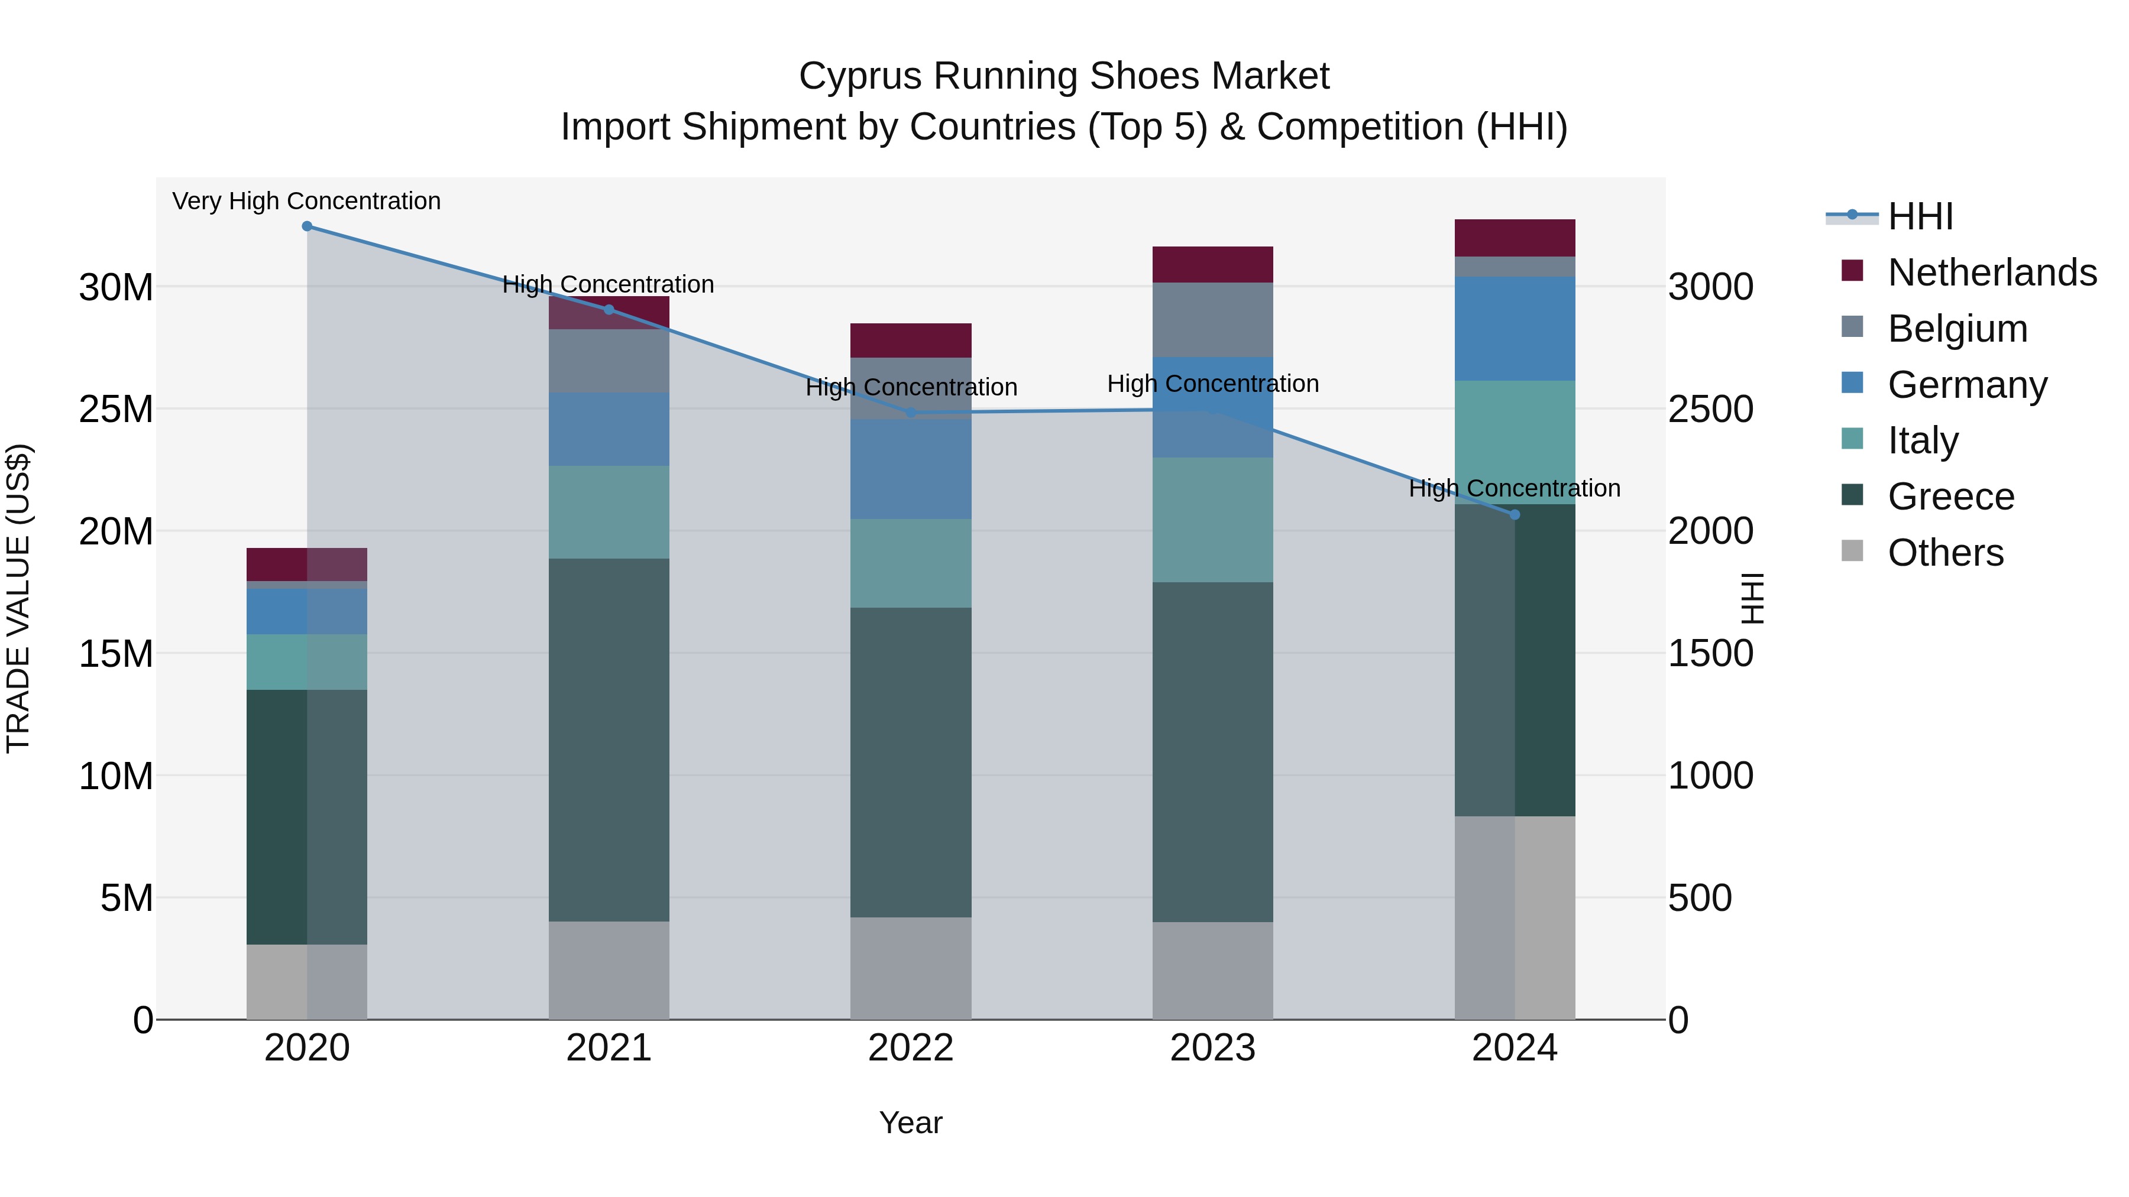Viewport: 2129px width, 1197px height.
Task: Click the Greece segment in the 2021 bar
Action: pyautogui.click(x=609, y=739)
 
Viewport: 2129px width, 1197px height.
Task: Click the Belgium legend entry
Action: pyautogui.click(x=1957, y=329)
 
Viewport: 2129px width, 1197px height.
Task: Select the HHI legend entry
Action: pyautogui.click(x=1920, y=216)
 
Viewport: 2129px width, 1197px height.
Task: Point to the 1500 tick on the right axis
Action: pyautogui.click(x=1710, y=653)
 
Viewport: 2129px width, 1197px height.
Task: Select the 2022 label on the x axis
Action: pyautogui.click(x=911, y=1048)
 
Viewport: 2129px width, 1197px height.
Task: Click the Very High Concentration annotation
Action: pyautogui.click(x=306, y=202)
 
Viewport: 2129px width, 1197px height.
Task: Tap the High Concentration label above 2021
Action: pyautogui.click(x=609, y=284)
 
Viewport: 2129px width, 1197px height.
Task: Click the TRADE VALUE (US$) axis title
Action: pyautogui.click(x=18, y=598)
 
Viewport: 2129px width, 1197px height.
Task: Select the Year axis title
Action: pyautogui.click(x=911, y=1123)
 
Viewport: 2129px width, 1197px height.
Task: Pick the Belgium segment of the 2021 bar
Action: pyautogui.click(x=609, y=361)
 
